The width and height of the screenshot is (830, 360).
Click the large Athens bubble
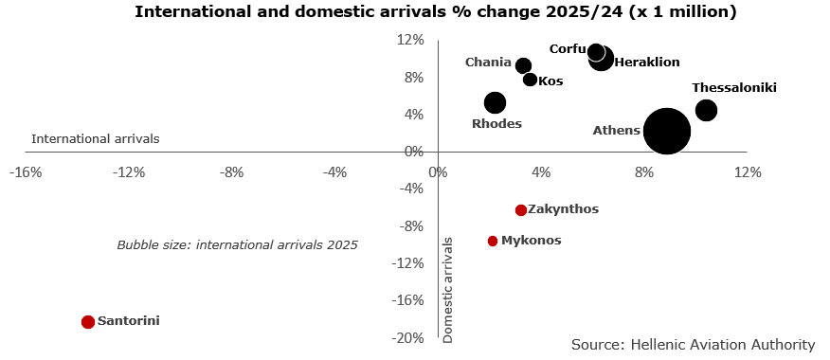pos(666,131)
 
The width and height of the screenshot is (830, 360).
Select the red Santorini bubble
pos(88,322)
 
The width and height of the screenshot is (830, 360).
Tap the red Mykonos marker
pos(493,241)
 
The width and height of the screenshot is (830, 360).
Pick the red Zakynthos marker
pos(520,210)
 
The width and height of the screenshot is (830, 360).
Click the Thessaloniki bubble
pos(706,110)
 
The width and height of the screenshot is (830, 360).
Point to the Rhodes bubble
pos(495,102)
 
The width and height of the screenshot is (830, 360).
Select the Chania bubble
pos(523,65)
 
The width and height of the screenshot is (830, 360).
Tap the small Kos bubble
pos(530,80)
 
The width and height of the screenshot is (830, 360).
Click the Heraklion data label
pos(647,63)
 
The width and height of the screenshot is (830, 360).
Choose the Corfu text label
pos(568,48)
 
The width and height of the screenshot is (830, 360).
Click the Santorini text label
pos(129,321)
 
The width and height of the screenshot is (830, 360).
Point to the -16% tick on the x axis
pos(25,172)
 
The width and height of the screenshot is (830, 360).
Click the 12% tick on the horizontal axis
pos(748,172)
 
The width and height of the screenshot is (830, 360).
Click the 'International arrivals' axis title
pos(95,138)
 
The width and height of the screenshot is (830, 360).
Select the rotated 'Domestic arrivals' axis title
pos(448,289)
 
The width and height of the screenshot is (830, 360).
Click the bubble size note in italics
pos(237,244)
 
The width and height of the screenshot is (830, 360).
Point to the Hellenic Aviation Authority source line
pos(693,345)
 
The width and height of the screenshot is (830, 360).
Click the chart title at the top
pos(435,12)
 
